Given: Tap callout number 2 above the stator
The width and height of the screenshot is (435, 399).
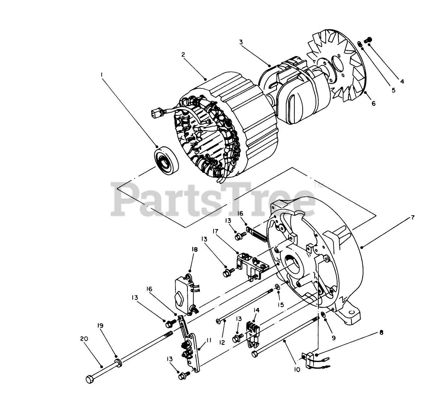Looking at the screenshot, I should (x=183, y=55).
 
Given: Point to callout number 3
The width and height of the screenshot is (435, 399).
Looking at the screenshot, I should (x=241, y=42).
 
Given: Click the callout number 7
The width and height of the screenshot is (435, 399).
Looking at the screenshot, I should (x=413, y=217).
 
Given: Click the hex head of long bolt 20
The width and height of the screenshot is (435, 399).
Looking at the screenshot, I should (x=89, y=379).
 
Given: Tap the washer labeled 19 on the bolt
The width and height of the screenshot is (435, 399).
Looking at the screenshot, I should (x=118, y=362).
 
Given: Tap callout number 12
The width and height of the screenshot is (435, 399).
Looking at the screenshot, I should (x=222, y=342).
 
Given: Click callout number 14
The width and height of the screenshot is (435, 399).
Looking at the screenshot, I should (x=257, y=310).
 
